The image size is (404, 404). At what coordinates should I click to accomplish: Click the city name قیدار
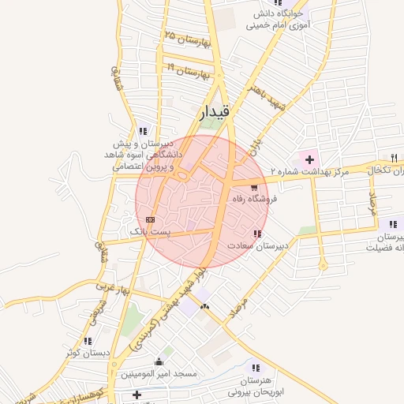click(x=213, y=114)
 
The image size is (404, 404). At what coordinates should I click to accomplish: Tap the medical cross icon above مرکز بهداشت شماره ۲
click(x=310, y=159)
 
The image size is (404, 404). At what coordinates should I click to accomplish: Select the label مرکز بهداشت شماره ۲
click(x=309, y=172)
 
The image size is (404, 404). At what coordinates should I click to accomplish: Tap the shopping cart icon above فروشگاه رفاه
click(x=253, y=188)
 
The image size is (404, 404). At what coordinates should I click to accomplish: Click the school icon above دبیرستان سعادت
click(x=256, y=234)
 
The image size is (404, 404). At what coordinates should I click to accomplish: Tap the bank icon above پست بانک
click(x=150, y=219)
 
